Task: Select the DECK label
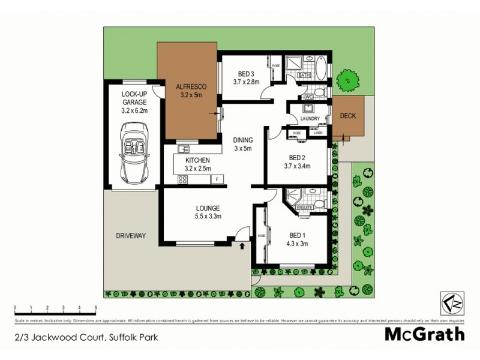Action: [x=346, y=116]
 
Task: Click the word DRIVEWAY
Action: [x=131, y=236]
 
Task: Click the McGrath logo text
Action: [x=424, y=333]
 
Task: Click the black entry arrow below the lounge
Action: [x=242, y=245]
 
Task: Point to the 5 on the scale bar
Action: [x=96, y=308]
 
